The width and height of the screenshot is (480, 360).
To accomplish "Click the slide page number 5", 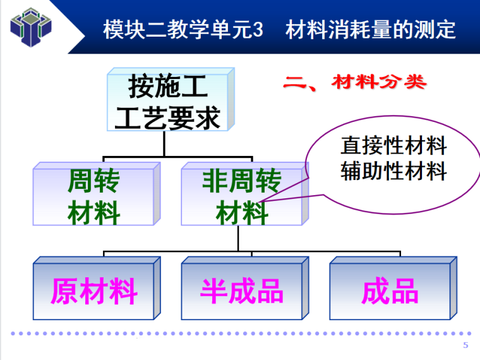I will pyautogui.click(x=466, y=345).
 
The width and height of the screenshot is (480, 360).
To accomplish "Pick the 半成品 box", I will pyautogui.click(x=242, y=291).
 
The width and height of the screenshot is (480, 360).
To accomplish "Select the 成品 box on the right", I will pyautogui.click(x=390, y=291).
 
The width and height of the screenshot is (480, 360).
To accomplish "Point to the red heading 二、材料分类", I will pyautogui.click(x=354, y=83).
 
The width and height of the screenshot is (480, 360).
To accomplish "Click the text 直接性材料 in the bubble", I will pyautogui.click(x=393, y=147).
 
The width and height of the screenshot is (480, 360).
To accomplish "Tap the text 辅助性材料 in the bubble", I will pyautogui.click(x=393, y=171).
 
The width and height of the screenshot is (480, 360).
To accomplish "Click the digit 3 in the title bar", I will pyautogui.click(x=256, y=30).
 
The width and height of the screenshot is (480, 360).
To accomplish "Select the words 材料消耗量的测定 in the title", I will pyautogui.click(x=371, y=30).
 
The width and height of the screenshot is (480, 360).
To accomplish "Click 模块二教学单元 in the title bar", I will pyautogui.click(x=176, y=30).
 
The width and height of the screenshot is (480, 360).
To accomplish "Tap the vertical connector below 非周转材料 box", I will pyautogui.click(x=238, y=238).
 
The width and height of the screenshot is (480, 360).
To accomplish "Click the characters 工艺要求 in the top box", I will pyautogui.click(x=167, y=117).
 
